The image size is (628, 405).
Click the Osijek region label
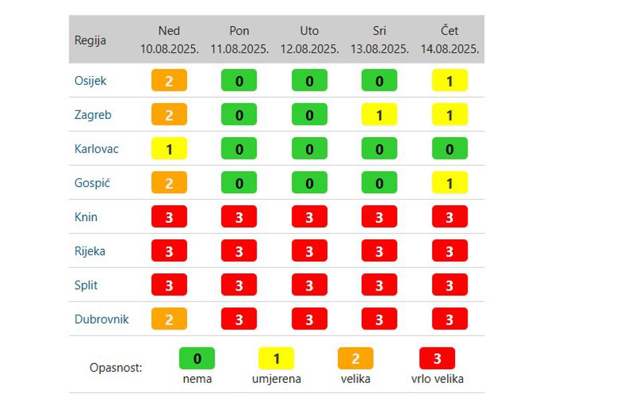point(90,81)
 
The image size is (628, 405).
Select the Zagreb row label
point(93,115)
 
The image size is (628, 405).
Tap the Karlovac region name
point(96,149)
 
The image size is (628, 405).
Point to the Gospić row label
point(92,183)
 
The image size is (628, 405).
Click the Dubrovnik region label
point(102,319)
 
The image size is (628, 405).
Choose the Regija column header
point(90,40)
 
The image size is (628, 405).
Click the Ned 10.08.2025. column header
point(169,40)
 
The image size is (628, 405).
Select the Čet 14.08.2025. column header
point(450,40)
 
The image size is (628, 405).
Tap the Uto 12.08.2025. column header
point(309,40)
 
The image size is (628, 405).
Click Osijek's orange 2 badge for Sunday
point(169,81)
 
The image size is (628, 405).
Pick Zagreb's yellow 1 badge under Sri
point(379,115)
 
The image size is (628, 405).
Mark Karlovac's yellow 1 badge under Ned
point(169,149)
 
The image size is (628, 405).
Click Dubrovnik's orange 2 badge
point(169,319)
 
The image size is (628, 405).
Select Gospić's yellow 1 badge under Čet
point(450,183)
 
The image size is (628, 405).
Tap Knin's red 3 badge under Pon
point(239,217)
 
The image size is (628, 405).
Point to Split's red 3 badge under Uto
point(309,285)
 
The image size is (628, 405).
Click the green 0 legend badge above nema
point(197,359)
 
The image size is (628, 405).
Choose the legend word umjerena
point(277,379)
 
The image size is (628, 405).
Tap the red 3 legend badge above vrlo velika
point(437,359)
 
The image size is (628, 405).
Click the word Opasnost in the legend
point(116,368)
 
